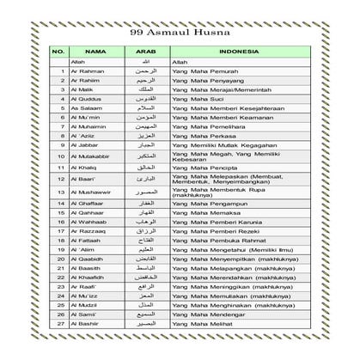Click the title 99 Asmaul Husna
click(x=180, y=34)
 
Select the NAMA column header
click(x=95, y=52)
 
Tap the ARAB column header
click(x=147, y=52)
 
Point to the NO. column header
click(x=58, y=52)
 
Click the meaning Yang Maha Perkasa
click(x=203, y=135)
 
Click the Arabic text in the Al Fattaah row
click(x=148, y=241)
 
